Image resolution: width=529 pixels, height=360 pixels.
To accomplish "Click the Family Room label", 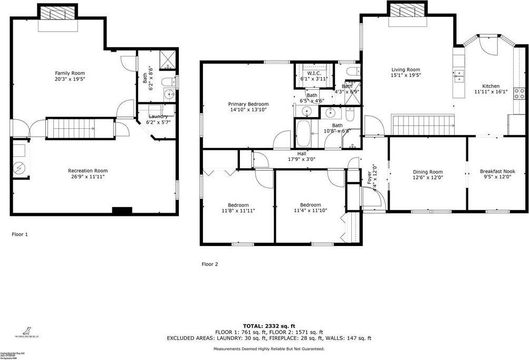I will tap(70, 73).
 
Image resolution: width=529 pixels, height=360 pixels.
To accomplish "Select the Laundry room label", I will tap(158, 116).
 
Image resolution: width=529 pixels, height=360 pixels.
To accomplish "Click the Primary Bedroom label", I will tap(248, 105).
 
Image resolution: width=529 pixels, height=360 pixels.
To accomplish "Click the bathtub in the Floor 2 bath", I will tap(304, 134).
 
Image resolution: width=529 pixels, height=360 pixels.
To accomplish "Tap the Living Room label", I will tap(406, 70).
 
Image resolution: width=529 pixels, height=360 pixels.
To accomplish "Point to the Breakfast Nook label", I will tap(497, 172).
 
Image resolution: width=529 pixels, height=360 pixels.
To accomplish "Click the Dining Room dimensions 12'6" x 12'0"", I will tap(428, 178).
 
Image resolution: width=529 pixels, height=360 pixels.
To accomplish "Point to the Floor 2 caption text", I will tap(209, 264).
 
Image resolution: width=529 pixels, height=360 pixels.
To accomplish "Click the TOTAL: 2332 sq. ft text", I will tap(269, 326).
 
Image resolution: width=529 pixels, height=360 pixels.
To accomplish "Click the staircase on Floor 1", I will tap(80, 128).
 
